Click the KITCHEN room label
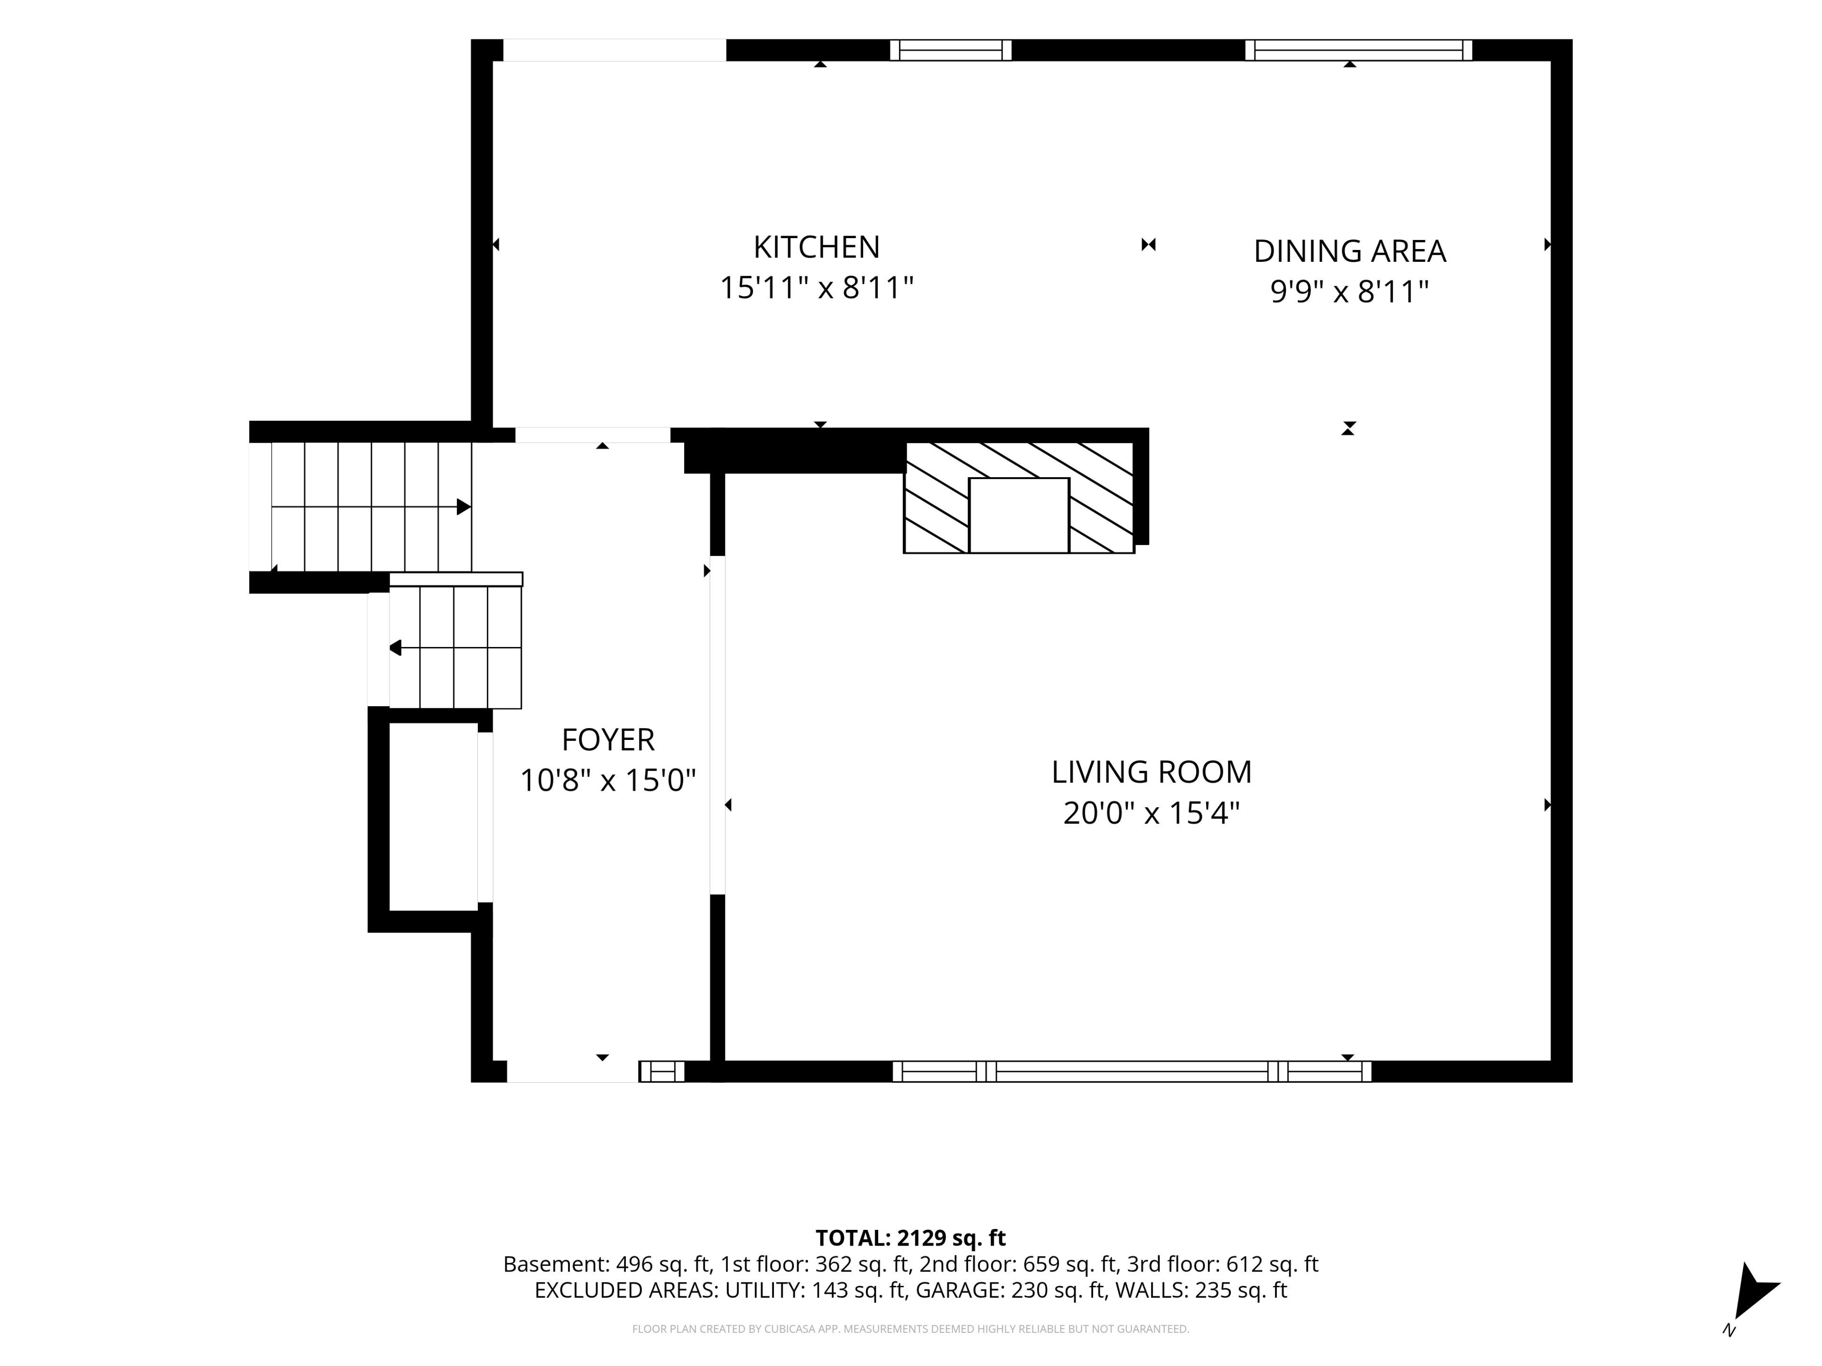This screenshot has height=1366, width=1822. pyautogui.click(x=816, y=247)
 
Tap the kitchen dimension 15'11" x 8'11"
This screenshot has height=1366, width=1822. pyautogui.click(x=816, y=288)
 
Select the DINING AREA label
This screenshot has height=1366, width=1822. pyautogui.click(x=1349, y=251)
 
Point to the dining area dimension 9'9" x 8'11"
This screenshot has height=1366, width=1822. pyautogui.click(x=1349, y=292)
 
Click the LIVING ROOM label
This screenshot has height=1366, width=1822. pyautogui.click(x=1152, y=772)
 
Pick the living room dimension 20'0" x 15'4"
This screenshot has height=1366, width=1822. pyautogui.click(x=1152, y=813)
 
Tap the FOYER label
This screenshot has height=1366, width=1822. pyautogui.click(x=608, y=739)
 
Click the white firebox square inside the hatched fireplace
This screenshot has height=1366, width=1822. pyautogui.click(x=1019, y=516)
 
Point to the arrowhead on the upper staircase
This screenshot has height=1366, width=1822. pyautogui.click(x=464, y=507)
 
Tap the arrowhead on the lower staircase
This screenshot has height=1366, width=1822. pyautogui.click(x=395, y=648)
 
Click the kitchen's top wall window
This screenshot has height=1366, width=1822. pyautogui.click(x=950, y=50)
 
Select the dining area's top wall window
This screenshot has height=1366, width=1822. pyautogui.click(x=1359, y=50)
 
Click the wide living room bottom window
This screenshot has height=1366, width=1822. pyautogui.click(x=1132, y=1071)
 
